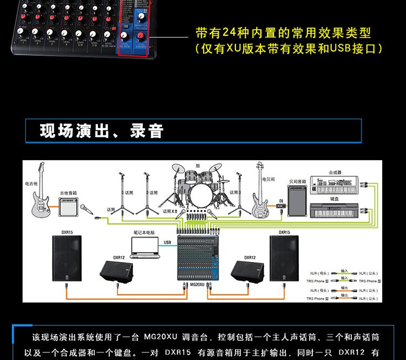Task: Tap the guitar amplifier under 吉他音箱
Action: click(68, 206)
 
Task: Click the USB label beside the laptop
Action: click(167, 242)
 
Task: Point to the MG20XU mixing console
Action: click(200, 257)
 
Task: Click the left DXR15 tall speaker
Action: click(68, 260)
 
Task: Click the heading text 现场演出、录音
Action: click(102, 131)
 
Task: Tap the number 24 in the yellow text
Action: click(230, 33)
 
